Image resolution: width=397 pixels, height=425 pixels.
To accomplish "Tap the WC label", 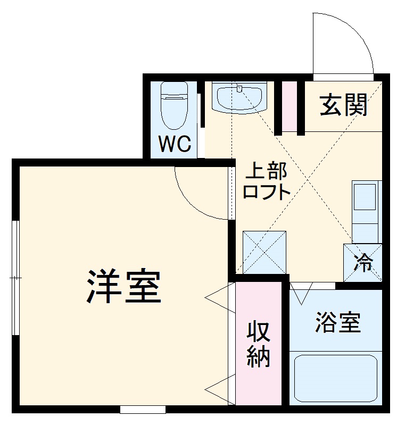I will [175, 144].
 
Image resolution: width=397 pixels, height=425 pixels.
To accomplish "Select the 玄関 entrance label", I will [344, 106].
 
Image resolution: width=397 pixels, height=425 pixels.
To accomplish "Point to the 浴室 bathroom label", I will [337, 322].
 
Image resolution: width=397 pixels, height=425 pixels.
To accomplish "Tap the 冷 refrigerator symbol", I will [363, 262].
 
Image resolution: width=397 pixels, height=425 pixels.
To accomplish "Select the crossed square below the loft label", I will [264, 252].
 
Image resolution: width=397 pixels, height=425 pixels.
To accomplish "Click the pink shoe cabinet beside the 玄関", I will [289, 106].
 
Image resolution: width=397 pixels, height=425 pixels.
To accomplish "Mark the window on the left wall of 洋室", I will [16, 277].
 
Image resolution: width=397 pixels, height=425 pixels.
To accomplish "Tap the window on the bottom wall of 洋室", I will [143, 410].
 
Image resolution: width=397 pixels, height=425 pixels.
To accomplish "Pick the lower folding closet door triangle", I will [219, 387].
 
